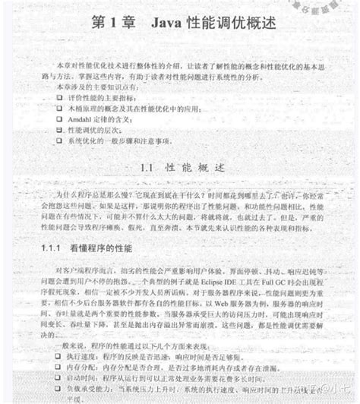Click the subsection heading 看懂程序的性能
coord(102,248)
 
